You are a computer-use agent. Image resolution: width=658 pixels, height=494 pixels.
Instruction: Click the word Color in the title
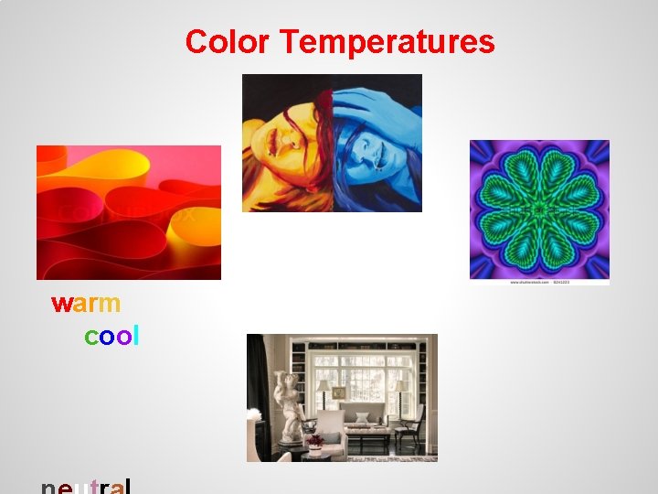pos(228,42)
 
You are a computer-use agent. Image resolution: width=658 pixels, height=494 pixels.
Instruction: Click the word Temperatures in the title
pos(387,42)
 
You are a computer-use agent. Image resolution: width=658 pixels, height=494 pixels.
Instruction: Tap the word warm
pos(86,303)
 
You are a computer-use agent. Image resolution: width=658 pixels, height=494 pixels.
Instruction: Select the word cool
pos(111,337)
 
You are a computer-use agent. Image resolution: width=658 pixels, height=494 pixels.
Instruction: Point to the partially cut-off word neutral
pos(87,486)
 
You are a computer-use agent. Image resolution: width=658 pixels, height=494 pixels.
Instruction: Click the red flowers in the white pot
pos(315,441)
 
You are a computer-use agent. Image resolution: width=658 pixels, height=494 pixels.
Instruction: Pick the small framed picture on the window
pos(339,392)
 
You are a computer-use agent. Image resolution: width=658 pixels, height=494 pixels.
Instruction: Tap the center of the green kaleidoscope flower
pos(539,209)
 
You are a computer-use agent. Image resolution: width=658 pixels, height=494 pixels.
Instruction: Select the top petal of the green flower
pos(539,169)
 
